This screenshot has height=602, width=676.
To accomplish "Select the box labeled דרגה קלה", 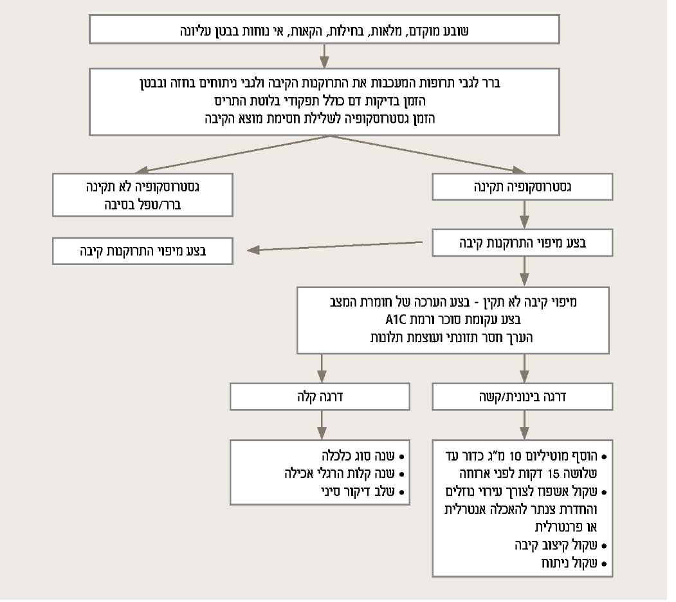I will coord(320,397).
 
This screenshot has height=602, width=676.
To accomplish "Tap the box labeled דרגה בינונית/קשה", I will coord(522,397).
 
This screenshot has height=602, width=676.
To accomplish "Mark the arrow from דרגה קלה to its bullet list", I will coord(321,424).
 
